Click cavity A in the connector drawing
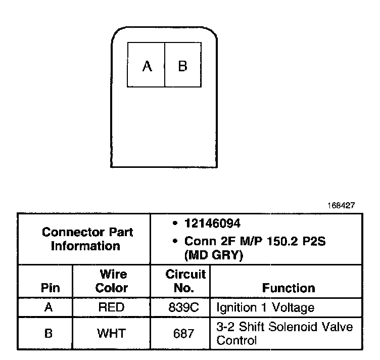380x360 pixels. pos(147,66)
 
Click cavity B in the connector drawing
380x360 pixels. pos(183,66)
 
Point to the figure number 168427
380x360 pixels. pos(342,206)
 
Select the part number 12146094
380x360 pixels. pos(212,223)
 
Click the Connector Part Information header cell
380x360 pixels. pos(87,239)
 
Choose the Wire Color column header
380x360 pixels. pos(112,281)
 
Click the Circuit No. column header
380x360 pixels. pos(185,281)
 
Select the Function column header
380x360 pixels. pos(289,288)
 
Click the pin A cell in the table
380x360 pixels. pos(49,307)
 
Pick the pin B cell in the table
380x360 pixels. pos(49,333)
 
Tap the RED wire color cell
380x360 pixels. pos(112,307)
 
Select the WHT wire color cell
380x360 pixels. pos(112,333)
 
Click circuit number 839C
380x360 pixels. pos(180,307)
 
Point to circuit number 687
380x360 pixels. pos(180,333)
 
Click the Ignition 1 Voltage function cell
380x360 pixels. pos(265,307)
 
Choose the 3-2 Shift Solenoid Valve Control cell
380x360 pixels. pos(284,333)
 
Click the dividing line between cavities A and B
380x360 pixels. pos(165,66)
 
